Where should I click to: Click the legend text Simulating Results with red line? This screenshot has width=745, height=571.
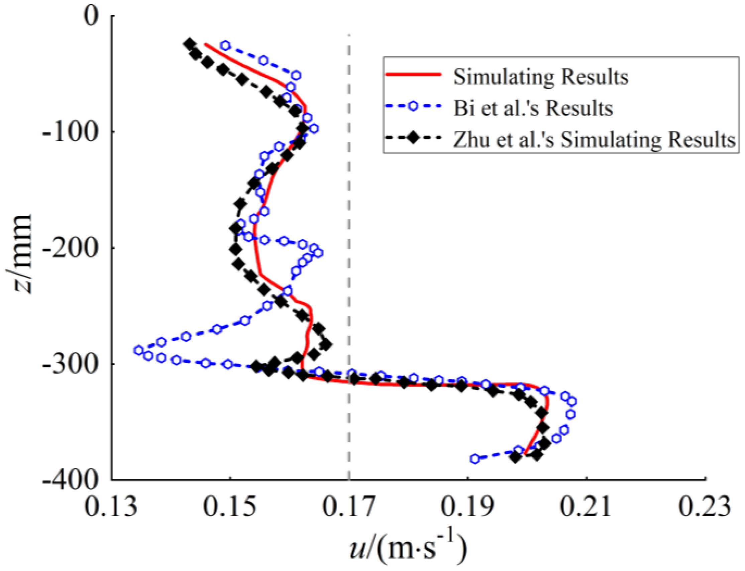[x=541, y=77]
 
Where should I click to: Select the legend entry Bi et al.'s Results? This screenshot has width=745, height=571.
[x=533, y=108]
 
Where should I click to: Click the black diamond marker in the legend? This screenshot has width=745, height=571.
[x=413, y=138]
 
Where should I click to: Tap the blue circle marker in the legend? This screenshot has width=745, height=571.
[x=413, y=106]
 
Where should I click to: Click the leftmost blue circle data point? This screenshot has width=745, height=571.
[x=138, y=350]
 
